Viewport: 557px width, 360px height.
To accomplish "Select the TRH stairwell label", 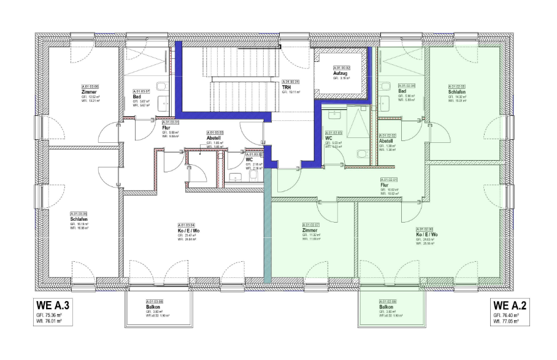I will [286, 87].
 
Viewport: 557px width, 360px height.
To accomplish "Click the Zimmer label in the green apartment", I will [310, 230].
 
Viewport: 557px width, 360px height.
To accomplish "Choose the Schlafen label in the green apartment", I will [457, 92].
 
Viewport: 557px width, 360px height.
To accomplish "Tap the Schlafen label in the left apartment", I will [79, 219].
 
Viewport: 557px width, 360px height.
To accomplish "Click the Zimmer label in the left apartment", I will [89, 92].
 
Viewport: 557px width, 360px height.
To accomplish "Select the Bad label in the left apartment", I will [137, 96].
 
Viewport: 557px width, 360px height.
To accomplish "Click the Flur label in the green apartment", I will [384, 185].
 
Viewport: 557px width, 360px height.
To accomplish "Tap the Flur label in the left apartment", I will [166, 128].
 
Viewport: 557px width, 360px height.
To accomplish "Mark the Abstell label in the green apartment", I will [386, 141].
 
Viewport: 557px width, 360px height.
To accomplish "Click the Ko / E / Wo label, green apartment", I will [426, 235].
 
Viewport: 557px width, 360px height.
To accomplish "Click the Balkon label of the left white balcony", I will [154, 307].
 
